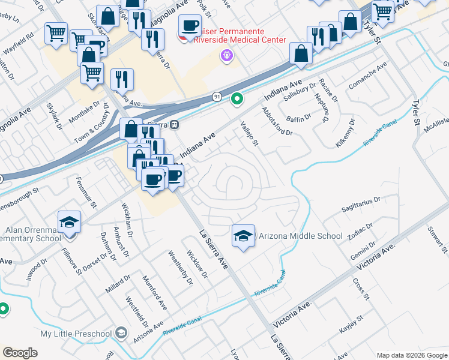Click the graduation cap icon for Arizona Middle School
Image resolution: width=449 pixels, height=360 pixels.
(243, 235)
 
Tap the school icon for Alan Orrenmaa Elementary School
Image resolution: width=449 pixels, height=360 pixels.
(70, 222)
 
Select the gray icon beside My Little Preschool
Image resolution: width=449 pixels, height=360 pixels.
(122, 333)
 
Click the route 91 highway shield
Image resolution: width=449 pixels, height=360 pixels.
(217, 97)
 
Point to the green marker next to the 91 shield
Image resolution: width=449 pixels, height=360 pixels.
(237, 99)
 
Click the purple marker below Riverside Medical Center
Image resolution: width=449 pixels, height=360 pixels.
(226, 56)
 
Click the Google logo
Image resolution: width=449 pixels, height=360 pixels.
(20, 352)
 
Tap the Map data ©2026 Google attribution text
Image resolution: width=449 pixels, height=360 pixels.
(412, 355)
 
